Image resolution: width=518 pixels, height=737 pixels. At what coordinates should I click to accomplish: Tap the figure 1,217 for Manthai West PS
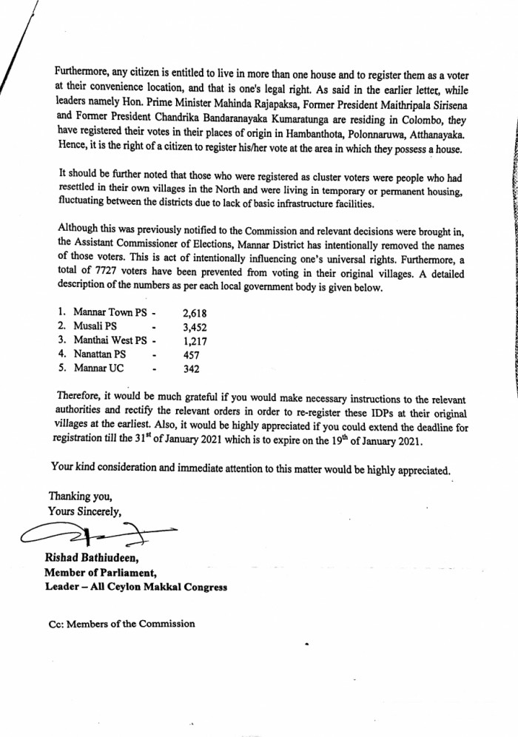(195, 340)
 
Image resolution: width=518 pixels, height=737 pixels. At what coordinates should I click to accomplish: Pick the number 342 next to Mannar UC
(193, 368)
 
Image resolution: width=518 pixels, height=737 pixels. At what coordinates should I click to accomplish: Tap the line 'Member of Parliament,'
(100, 573)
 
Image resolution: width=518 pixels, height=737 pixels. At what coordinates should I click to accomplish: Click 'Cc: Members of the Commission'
(122, 623)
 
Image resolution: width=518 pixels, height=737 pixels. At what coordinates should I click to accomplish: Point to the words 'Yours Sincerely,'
(84, 511)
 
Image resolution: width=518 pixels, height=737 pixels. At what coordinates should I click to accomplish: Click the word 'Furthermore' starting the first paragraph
(84, 73)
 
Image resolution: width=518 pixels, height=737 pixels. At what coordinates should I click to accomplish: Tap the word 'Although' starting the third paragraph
(77, 232)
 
